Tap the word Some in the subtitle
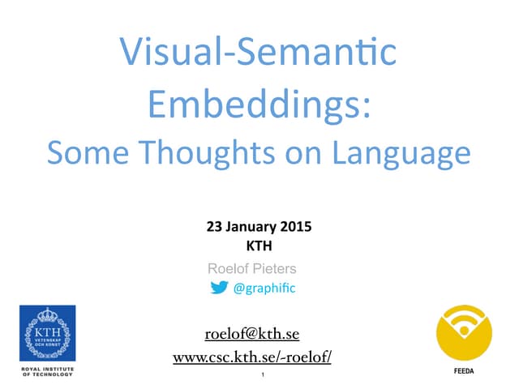(x=85, y=152)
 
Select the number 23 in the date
(x=215, y=228)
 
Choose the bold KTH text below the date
(x=258, y=244)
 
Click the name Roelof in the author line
(x=228, y=268)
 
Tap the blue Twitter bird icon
(x=219, y=287)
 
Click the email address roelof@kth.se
(x=252, y=334)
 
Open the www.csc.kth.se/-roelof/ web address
(x=252, y=357)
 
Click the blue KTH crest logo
(x=47, y=333)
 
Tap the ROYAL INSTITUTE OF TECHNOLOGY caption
(x=48, y=372)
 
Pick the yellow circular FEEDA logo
(x=464, y=333)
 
